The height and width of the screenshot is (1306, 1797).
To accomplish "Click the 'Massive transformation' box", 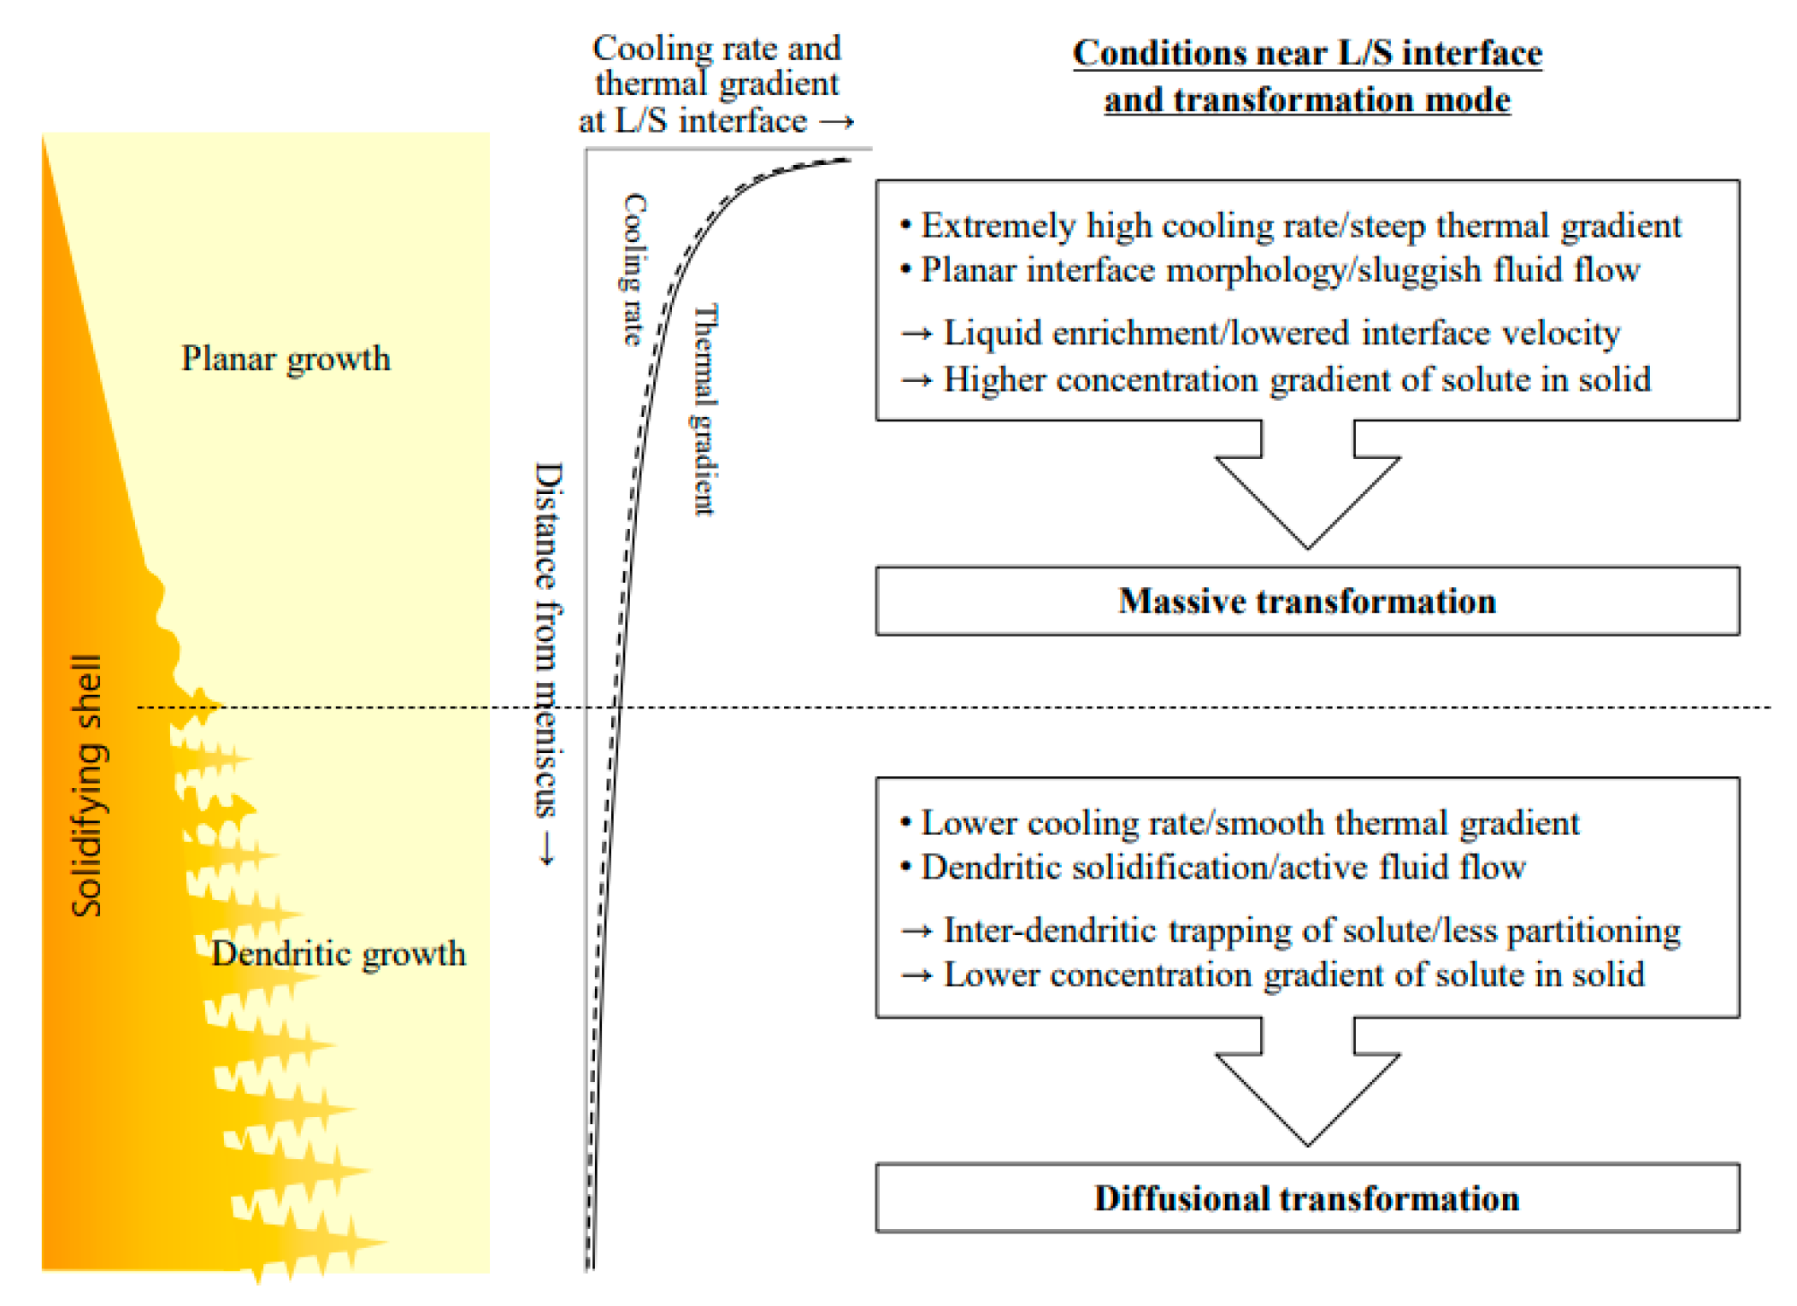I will [1306, 601].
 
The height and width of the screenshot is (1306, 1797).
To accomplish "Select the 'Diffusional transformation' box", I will [1306, 1197].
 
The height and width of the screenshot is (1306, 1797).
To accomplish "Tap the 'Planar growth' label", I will [286, 358].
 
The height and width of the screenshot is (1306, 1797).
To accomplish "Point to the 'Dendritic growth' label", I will [339, 953].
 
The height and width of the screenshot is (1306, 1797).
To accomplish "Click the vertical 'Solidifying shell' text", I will [86, 785].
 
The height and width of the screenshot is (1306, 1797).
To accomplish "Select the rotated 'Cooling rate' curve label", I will [633, 269].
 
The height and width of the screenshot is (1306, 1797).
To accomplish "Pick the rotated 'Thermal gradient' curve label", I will [704, 409].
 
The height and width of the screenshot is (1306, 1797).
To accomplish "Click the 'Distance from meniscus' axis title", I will [548, 641].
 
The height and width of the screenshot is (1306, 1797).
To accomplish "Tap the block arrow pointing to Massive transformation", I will [1306, 487].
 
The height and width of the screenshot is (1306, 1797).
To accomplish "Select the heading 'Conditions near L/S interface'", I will [1306, 53].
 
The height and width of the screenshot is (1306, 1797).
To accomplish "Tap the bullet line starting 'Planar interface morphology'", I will [1280, 270].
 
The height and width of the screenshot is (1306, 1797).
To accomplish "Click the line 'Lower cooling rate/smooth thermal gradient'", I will [1249, 822].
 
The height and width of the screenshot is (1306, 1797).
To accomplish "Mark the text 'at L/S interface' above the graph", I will [692, 121].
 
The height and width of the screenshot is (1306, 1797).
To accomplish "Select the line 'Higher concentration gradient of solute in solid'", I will [1296, 379].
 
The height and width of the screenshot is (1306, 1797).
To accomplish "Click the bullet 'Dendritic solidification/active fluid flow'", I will [1223, 867].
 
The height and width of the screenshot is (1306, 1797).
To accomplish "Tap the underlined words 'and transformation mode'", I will [1306, 100].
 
